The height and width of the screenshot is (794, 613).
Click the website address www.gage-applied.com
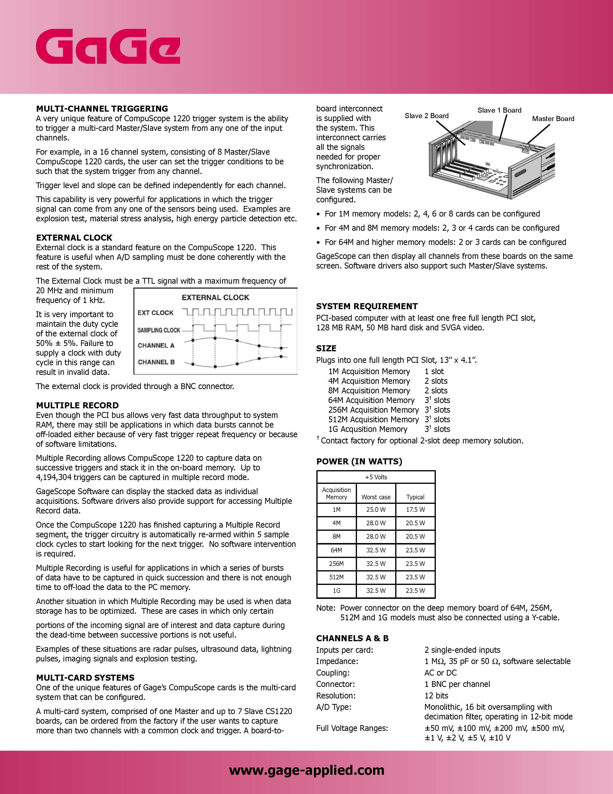(x=306, y=770)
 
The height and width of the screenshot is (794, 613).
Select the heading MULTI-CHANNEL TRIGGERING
(x=102, y=109)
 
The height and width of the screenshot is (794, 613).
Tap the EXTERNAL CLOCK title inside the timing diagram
(x=215, y=297)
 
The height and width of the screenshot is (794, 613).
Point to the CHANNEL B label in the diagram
(x=156, y=362)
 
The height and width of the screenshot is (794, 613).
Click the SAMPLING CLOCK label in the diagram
(x=159, y=330)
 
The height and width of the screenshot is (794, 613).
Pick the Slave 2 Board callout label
(x=426, y=115)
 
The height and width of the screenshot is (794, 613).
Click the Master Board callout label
(x=553, y=119)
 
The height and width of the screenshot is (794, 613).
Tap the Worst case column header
(x=376, y=497)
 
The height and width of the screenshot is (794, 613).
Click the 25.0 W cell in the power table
(x=376, y=510)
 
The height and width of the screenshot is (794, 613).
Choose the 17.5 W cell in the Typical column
(x=415, y=510)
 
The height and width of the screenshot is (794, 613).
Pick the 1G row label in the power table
(x=337, y=591)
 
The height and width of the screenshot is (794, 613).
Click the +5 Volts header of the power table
(x=376, y=477)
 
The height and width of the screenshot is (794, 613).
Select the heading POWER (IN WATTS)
(x=359, y=461)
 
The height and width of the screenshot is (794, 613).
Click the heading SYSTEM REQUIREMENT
(x=367, y=306)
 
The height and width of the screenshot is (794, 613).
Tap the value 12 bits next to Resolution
(x=436, y=696)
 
